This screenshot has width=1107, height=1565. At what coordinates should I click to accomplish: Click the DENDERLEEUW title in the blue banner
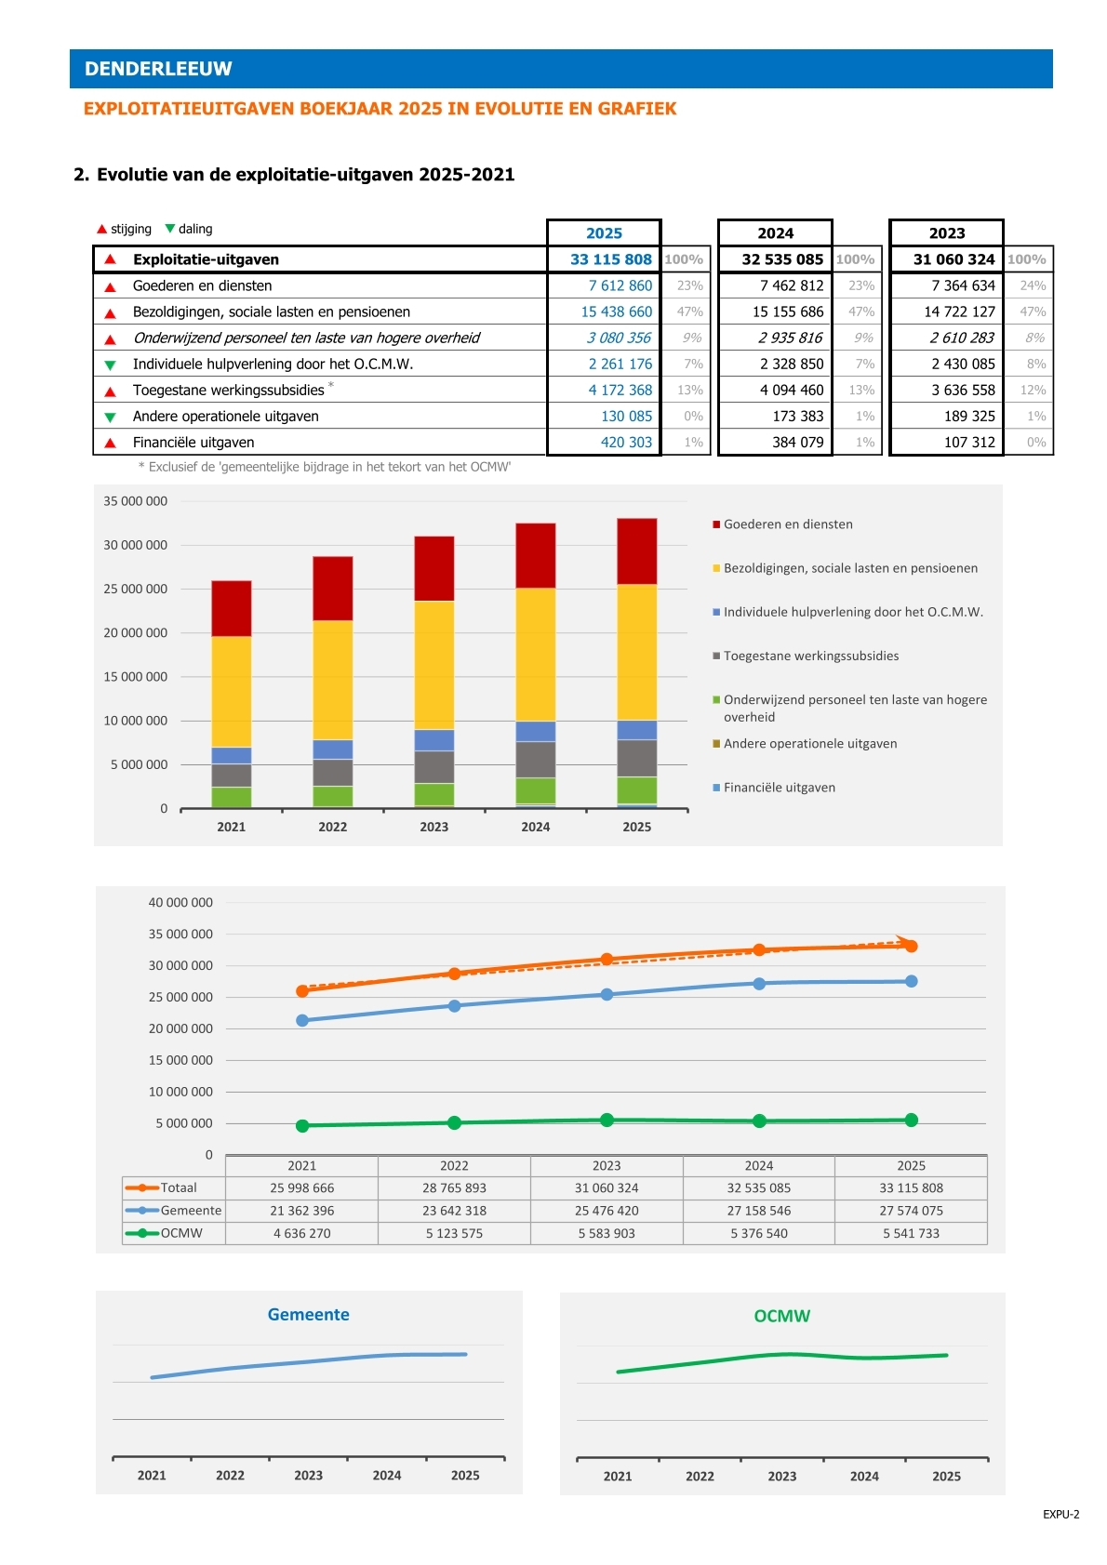pyautogui.click(x=158, y=69)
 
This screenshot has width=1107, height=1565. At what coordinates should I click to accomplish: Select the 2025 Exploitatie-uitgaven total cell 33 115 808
pyautogui.click(x=611, y=259)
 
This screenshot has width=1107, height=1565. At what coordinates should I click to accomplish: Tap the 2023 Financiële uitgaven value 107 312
pyautogui.click(x=969, y=443)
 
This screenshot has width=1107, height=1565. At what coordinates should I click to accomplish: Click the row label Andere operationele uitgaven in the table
pyautogui.click(x=226, y=417)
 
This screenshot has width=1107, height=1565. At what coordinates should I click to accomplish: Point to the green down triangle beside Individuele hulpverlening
pyautogui.click(x=110, y=365)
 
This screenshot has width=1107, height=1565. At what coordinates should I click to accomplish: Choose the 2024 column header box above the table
pyautogui.click(x=775, y=232)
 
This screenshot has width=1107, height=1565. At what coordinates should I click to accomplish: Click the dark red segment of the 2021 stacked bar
pyautogui.click(x=232, y=608)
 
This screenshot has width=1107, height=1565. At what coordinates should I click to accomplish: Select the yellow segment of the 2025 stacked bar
pyautogui.click(x=636, y=652)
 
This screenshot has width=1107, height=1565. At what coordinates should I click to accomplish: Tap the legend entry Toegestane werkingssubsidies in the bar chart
pyautogui.click(x=810, y=657)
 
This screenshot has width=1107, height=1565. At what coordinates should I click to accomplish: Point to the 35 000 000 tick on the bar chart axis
pyautogui.click(x=136, y=501)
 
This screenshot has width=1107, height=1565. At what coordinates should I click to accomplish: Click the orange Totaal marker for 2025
pyautogui.click(x=912, y=946)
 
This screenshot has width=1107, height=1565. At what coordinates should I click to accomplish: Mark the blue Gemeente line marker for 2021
pyautogui.click(x=302, y=1021)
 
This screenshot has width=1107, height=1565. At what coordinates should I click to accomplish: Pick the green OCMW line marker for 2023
pyautogui.click(x=607, y=1120)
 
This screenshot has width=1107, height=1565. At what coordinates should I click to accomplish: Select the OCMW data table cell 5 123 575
pyautogui.click(x=454, y=1233)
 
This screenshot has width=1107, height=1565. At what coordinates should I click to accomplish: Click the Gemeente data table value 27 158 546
pyautogui.click(x=759, y=1211)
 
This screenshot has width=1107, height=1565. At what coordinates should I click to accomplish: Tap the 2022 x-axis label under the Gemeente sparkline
pyautogui.click(x=230, y=1475)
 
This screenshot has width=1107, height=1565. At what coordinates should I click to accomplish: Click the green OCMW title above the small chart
pyautogui.click(x=781, y=1316)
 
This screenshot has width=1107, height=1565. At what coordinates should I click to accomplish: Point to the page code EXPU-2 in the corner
pyautogui.click(x=1060, y=1514)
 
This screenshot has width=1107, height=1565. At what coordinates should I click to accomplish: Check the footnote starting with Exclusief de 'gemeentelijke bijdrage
pyautogui.click(x=325, y=467)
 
